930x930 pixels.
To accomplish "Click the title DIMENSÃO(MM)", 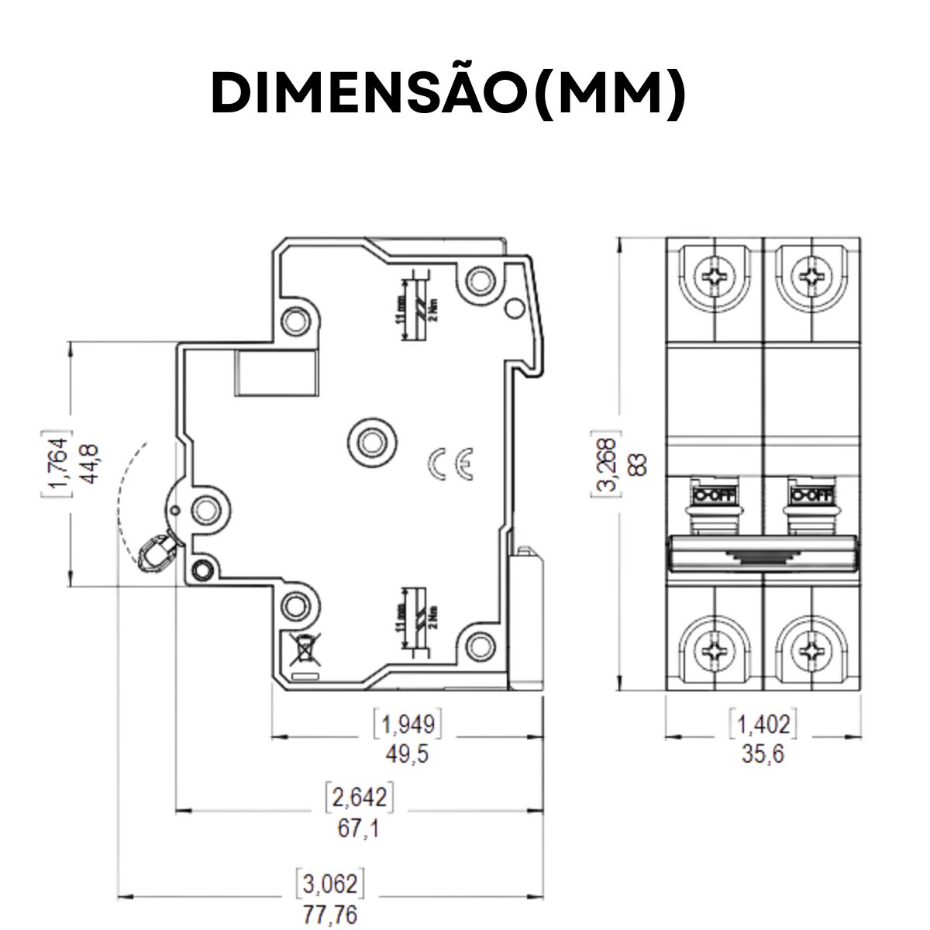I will coord(449,93).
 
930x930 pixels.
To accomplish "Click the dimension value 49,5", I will coord(408,754).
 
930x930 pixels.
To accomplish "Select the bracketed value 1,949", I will coord(409,725).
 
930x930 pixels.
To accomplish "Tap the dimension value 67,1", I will coord(358,828).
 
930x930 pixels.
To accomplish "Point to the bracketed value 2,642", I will coord(358,797).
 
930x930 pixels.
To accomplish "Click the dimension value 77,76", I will coord(330,914).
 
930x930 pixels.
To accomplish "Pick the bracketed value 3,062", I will coord(330,884).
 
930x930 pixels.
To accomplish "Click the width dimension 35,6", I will coord(763,754).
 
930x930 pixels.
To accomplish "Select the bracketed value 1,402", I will coord(763,725).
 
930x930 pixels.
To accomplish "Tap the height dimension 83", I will coord(639,463).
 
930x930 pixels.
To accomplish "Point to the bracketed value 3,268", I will coord(608,463).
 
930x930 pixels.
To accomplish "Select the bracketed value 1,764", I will coord(57,463).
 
